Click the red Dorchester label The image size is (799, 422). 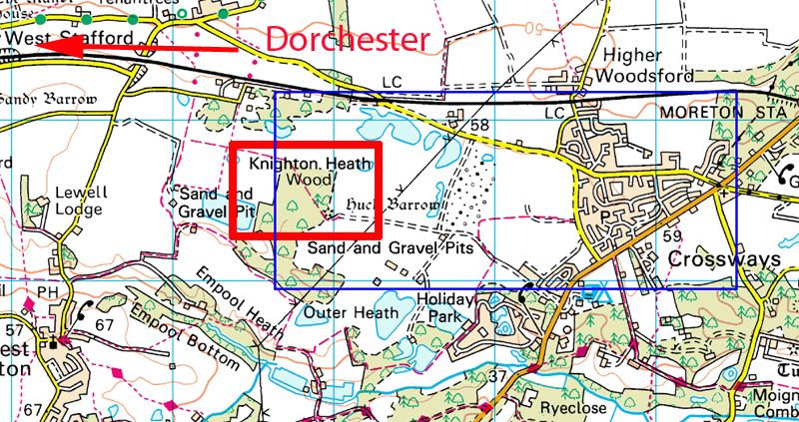(x=348, y=41)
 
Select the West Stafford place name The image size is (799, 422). (x=60, y=37)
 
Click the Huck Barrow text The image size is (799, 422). (x=392, y=206)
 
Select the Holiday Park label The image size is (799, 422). (x=441, y=306)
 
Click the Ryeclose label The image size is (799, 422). (x=566, y=408)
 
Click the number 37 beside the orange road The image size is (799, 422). (x=499, y=377)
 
